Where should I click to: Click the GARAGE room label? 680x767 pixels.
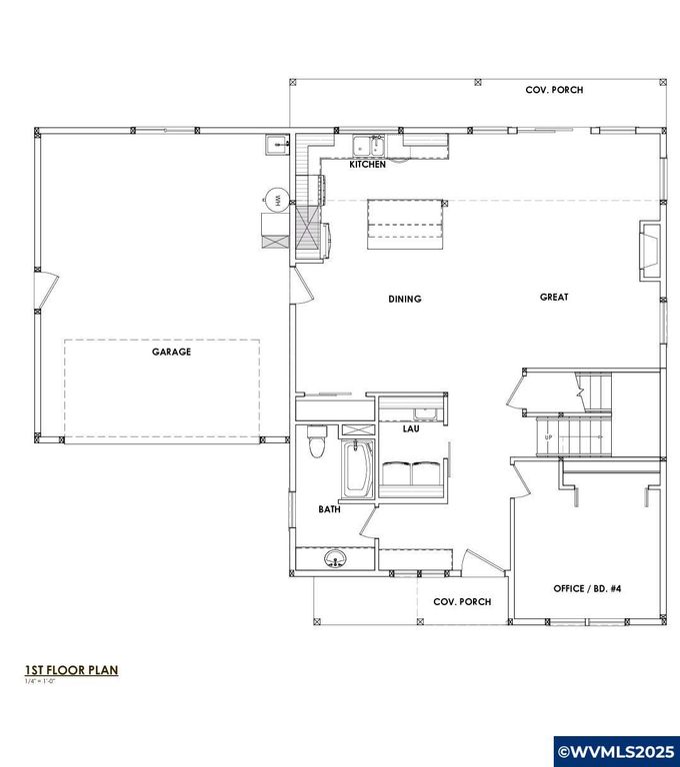coord(171,352)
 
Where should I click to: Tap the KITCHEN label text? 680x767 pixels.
coord(367,165)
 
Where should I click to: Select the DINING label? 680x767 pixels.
coord(405,299)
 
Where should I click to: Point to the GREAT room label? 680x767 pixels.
coord(554,297)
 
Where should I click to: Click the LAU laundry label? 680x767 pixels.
coord(410,429)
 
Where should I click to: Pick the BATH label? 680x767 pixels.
coord(330,509)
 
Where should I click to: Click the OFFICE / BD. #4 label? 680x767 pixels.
coord(588,589)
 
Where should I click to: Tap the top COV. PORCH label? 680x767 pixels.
coord(554,90)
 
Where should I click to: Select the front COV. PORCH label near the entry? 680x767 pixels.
coord(461,602)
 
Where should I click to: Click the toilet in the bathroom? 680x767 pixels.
coord(317,440)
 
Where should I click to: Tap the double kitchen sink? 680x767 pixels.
coord(369,148)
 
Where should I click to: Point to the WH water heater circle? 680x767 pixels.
coord(274,200)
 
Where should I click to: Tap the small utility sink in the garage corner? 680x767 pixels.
coord(276,146)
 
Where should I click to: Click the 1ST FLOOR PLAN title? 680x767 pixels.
coord(71,670)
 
